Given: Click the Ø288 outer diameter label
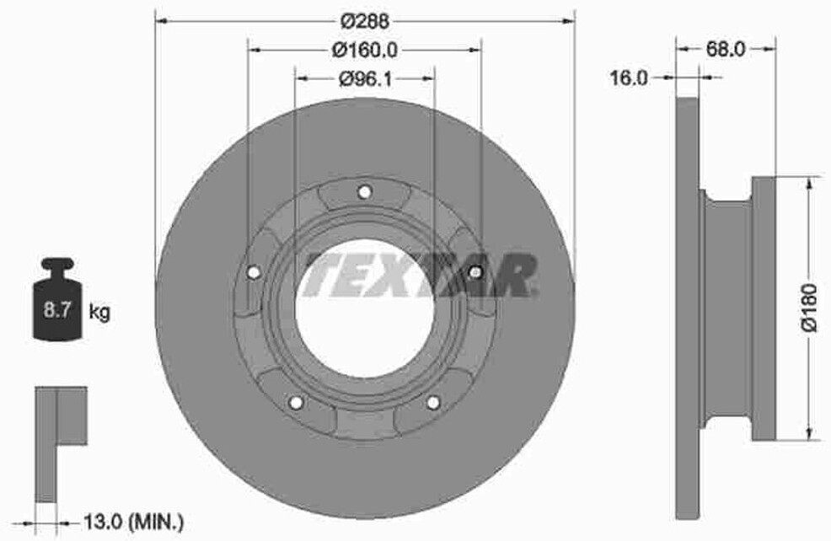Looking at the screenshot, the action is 365,21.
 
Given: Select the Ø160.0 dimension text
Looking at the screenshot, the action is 365,51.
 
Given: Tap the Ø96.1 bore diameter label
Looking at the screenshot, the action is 365,79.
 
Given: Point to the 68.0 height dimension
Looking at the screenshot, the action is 726,49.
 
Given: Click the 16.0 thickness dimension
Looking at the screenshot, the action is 629,78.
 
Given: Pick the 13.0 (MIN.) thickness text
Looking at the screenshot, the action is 134,523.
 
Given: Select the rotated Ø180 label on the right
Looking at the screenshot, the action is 809,308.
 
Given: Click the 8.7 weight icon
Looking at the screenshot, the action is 58,299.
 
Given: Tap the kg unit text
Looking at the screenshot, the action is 99,311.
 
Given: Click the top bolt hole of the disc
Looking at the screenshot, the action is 364,192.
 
